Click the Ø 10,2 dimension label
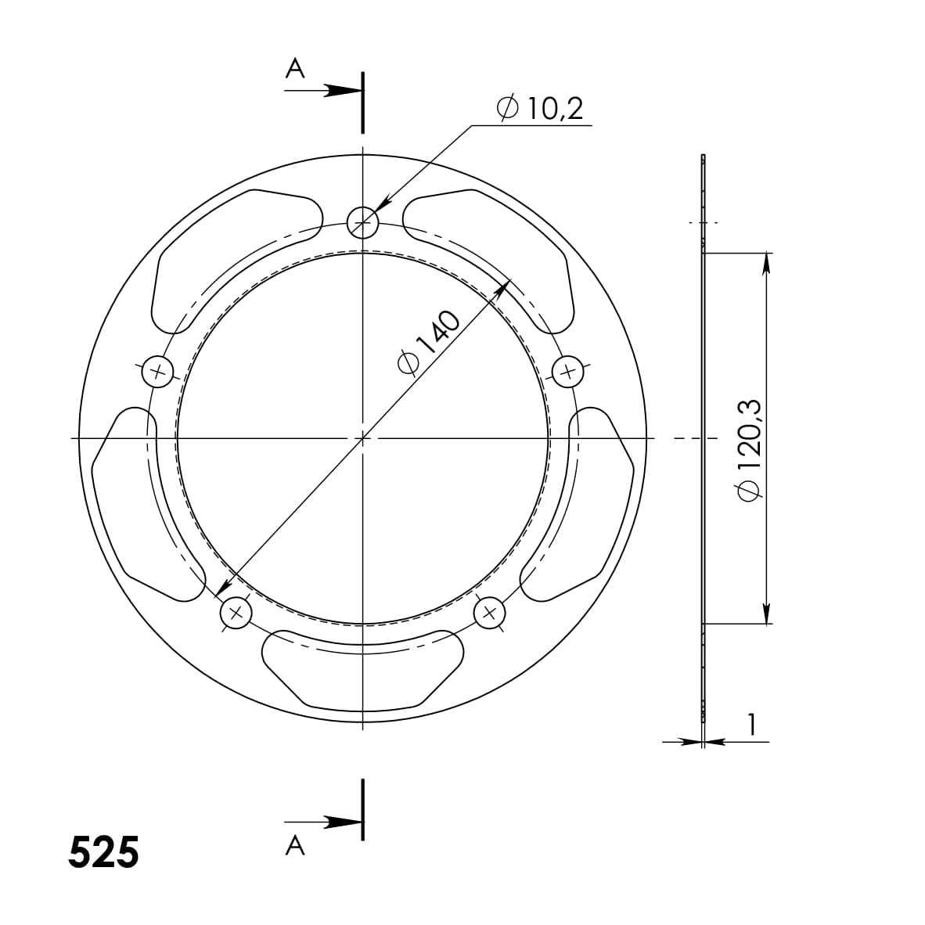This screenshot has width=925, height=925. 540,108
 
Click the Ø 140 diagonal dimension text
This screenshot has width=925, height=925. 427,343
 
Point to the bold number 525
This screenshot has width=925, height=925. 103,852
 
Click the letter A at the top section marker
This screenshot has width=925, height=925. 294,70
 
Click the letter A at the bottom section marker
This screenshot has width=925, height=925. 294,845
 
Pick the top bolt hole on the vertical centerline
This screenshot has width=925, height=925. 363,223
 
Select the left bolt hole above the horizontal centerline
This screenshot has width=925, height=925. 157,372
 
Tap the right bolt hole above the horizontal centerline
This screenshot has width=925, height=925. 568,372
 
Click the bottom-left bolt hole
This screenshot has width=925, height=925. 236,613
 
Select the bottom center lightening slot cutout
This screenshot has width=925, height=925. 362,665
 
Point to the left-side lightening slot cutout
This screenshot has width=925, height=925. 133,501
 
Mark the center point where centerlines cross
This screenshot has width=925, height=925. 363,438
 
